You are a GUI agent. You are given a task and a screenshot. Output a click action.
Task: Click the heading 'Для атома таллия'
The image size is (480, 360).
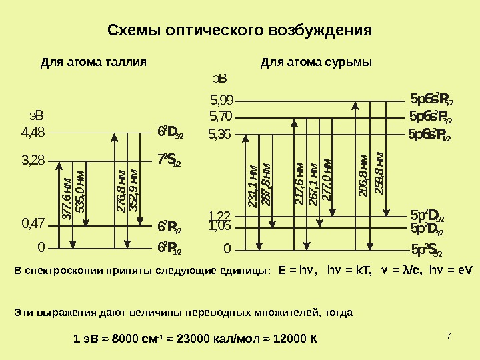(x=93, y=63)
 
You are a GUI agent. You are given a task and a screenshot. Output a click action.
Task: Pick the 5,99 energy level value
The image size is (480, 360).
(x=221, y=101)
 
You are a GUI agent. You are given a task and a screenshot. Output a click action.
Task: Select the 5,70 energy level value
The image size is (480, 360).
(x=221, y=117)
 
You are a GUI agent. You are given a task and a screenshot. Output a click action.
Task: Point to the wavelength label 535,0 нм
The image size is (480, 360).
(x=80, y=193)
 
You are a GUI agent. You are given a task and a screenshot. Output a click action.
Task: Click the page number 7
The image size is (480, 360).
(x=449, y=333)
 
